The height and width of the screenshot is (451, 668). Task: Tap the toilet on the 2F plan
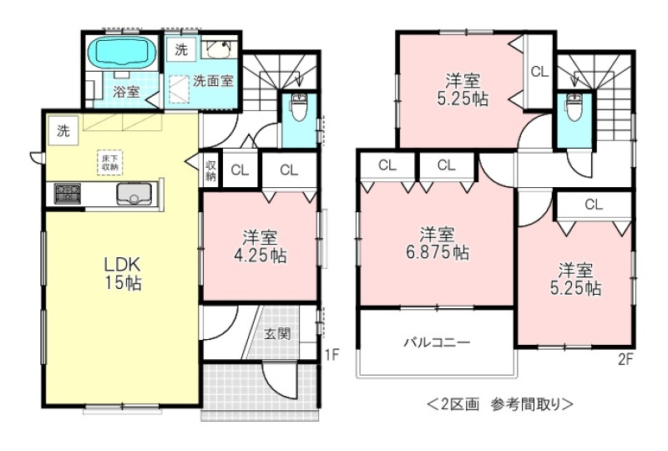click(574, 107)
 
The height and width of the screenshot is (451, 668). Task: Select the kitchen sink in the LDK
click(134, 195)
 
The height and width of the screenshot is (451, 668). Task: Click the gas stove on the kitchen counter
click(67, 193)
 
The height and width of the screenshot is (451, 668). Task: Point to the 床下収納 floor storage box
click(110, 162)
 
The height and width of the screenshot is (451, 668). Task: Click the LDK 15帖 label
click(123, 273)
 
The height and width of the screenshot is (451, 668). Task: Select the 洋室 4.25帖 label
click(260, 246)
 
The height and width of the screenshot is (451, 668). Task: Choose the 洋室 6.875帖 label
click(437, 243)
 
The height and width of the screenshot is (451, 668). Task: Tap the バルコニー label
click(437, 342)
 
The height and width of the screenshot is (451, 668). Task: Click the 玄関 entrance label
click(278, 333)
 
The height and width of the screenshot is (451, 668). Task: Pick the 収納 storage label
click(211, 170)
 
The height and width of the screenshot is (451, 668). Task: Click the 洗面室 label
click(214, 80)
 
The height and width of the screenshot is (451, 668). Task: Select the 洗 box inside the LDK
click(63, 131)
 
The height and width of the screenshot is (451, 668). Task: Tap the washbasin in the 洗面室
click(218, 48)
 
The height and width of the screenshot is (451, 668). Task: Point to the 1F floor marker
click(331, 354)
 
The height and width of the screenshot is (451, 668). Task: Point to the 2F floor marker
click(625, 360)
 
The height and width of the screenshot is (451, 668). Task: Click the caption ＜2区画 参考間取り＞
click(500, 403)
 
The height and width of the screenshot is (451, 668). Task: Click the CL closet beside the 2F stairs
click(539, 72)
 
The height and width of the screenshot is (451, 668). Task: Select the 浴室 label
click(126, 91)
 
